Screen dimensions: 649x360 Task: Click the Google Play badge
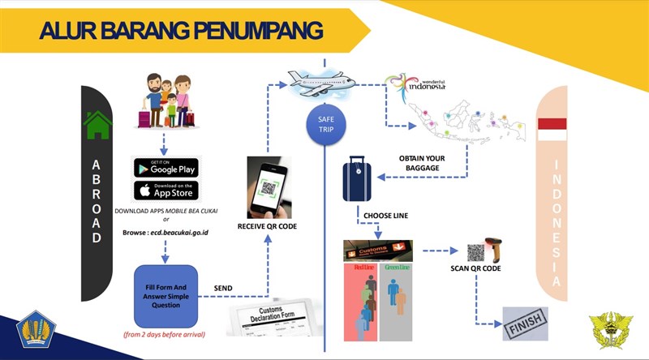(165, 168)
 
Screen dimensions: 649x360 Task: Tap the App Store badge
(165, 191)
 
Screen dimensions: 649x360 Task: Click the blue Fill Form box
(165, 291)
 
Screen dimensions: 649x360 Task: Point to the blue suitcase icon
(357, 180)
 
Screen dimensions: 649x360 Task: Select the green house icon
(97, 126)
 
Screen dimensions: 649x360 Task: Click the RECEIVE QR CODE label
(267, 226)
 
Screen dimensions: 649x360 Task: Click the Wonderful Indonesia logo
(418, 84)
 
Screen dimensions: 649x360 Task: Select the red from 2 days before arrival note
(165, 334)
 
